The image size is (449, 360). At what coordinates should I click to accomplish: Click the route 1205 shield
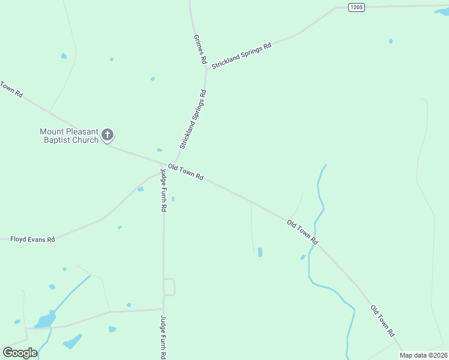pos(357,7)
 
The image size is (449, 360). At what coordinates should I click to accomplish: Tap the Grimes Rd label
pos(200,49)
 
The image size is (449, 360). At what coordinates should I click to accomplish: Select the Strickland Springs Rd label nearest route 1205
pos(241,54)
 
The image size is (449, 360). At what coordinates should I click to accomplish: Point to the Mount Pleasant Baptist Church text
pos(69,136)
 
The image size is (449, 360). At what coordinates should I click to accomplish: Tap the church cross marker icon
pos(107,134)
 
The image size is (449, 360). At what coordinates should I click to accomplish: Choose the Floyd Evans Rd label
pos(32,239)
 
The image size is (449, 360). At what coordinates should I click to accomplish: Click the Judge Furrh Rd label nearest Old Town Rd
pos(163,190)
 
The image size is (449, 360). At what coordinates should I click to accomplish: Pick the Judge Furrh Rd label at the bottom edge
pos(163,337)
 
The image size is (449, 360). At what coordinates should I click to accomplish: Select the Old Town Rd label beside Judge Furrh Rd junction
pos(186,173)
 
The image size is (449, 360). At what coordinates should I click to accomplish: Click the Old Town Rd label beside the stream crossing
pos(303,232)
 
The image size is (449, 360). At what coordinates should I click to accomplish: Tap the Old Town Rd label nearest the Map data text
pos(383,321)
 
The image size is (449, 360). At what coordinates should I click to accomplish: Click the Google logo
pos(20,353)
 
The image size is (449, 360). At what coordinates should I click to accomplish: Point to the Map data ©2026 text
pos(423,355)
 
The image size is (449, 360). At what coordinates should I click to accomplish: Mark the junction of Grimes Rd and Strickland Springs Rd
pos(207,68)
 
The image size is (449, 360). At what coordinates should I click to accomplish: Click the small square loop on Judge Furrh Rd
pos(169,287)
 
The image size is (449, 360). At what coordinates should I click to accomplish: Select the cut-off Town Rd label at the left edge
pos(11,90)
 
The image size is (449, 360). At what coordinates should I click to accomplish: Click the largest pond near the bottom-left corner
pos(44,321)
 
